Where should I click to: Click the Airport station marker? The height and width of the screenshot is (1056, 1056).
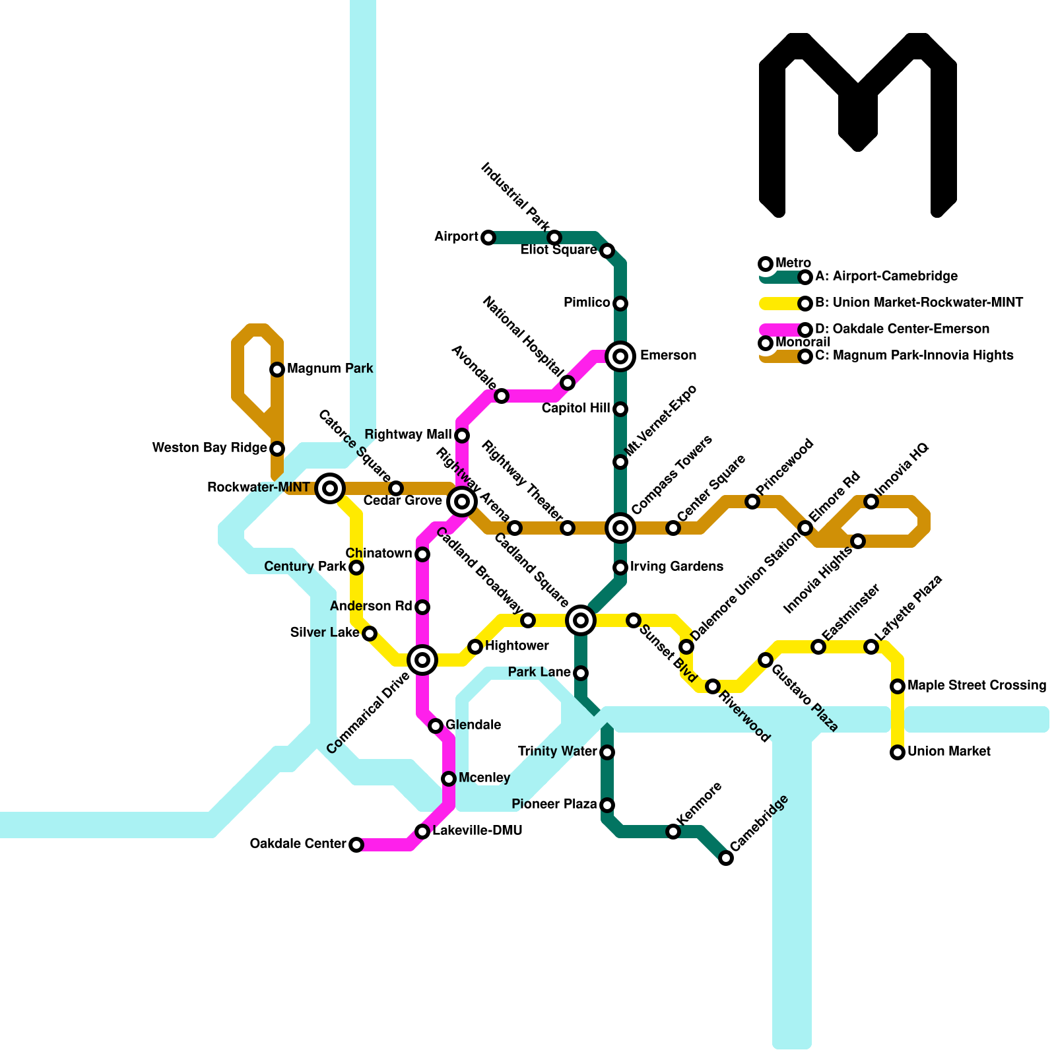point(488,238)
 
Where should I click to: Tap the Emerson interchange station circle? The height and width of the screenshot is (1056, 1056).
point(620,356)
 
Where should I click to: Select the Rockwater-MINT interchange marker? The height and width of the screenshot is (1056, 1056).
point(330,488)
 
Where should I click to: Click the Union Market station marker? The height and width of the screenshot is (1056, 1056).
point(898,752)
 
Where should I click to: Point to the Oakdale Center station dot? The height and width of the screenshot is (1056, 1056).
point(356,845)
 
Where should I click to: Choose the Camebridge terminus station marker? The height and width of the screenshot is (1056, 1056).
point(726,858)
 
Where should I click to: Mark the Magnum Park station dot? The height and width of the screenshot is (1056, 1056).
point(277,370)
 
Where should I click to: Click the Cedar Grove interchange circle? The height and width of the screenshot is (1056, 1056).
point(462,502)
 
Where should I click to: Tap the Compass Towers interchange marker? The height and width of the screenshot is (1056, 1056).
point(620,528)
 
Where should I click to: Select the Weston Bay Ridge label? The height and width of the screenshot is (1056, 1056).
point(209,448)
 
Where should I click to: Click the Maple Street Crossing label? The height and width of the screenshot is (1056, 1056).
point(976,686)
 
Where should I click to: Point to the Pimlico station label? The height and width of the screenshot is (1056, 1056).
point(586,303)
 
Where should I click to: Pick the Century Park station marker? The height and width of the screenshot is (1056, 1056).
point(356,568)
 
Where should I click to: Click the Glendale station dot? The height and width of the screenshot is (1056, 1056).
point(436,726)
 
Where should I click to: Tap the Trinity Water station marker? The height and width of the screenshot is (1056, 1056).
point(607,752)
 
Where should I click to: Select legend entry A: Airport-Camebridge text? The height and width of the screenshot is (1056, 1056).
point(886,277)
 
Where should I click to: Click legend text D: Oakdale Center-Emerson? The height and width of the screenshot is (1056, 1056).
point(902,329)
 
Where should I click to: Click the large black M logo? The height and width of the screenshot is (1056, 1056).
point(858,125)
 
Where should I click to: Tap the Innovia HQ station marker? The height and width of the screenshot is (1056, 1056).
point(871,502)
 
